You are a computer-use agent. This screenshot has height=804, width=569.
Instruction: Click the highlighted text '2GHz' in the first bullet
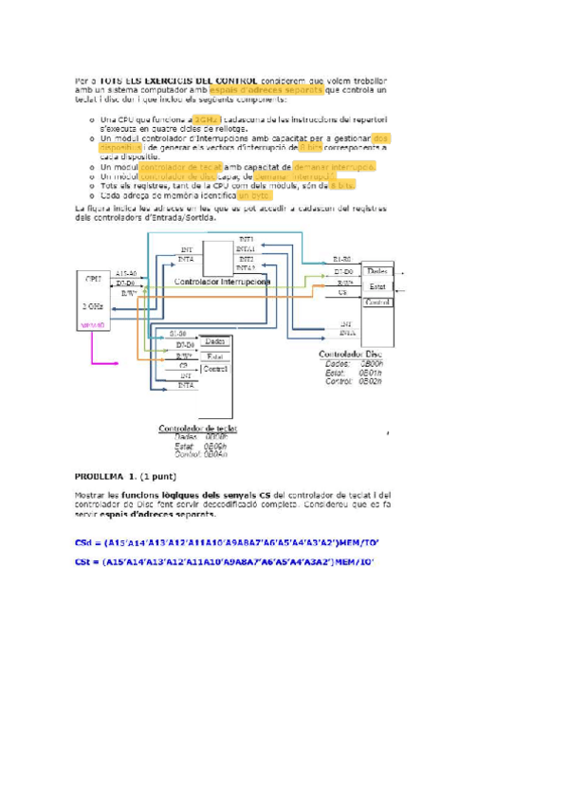pos(207,120)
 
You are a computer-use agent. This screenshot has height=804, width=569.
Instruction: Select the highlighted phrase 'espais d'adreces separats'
pos(266,91)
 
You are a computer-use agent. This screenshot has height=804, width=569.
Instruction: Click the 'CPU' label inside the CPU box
pos(93,279)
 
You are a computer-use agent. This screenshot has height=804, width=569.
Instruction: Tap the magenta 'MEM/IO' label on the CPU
pos(93,324)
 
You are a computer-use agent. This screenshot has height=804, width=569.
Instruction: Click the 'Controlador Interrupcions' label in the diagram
pos(223,283)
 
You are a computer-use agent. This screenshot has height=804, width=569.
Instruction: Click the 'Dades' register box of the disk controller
pos(377,271)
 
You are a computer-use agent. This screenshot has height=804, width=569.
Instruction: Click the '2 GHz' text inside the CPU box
pos(93,306)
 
